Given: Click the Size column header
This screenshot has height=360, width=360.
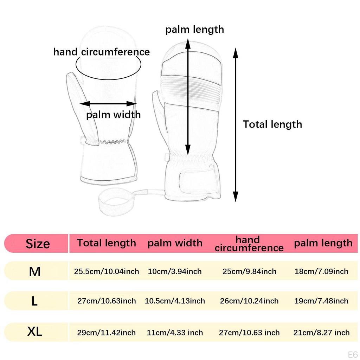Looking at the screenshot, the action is tap(38, 244).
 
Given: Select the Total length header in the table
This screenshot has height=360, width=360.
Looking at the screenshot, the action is tap(107, 243).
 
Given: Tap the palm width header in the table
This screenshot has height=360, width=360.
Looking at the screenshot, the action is tap(175, 243).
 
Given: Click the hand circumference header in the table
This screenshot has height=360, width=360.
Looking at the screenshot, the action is tap(249, 244).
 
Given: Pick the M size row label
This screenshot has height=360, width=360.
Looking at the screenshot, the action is tap(35, 272).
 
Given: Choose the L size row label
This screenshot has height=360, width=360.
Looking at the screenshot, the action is tap(34, 301).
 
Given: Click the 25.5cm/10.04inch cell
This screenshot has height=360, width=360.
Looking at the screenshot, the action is tap(107, 271).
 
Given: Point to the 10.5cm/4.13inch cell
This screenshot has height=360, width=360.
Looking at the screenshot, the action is tap(175, 301).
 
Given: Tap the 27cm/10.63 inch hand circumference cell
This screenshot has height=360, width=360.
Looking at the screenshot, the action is tap(249, 333).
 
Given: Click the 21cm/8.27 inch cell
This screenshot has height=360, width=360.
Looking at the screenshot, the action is tap(321, 333).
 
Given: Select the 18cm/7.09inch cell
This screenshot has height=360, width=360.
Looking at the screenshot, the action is tap(321, 271).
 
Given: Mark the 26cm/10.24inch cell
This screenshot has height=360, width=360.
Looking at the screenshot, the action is tap(249, 301).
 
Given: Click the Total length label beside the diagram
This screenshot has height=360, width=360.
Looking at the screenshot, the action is tap(272, 124).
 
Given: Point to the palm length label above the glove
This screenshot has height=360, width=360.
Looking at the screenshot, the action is tap(195, 30).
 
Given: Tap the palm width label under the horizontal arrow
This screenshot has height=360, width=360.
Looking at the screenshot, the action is tap(114, 115).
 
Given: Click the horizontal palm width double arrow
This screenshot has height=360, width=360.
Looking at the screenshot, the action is tap(108, 104).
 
